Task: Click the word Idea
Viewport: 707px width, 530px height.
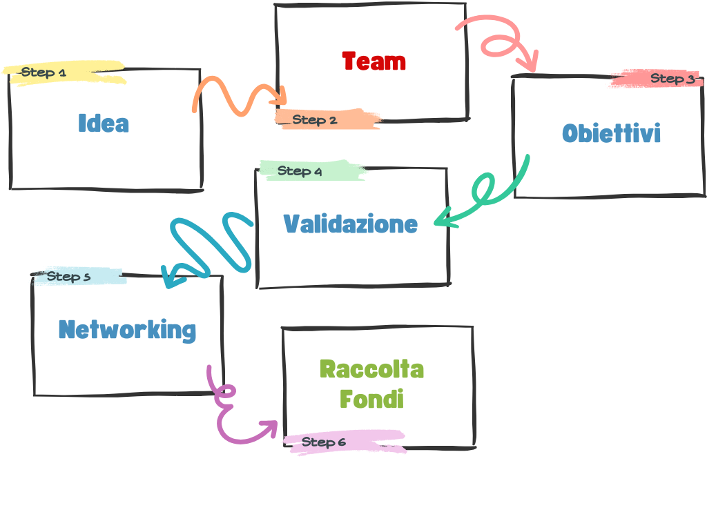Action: coord(104,124)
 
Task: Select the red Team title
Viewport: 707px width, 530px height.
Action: coord(374,61)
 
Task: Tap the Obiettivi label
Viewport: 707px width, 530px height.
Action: coord(611,132)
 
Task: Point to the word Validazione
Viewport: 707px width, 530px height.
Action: coord(351,224)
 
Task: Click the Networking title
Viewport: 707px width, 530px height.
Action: coord(127,329)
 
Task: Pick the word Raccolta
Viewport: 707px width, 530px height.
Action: coord(371,369)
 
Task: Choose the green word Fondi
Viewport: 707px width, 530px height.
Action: coord(371,399)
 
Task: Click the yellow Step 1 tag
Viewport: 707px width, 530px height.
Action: coord(43,72)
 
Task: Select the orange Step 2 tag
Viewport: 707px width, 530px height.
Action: coord(315,120)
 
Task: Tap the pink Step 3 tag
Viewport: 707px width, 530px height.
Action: coord(672,79)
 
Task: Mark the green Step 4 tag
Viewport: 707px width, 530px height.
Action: coord(300,171)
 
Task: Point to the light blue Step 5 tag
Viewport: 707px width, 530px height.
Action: coord(68,277)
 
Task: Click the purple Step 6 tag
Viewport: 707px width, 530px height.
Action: coord(324,442)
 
